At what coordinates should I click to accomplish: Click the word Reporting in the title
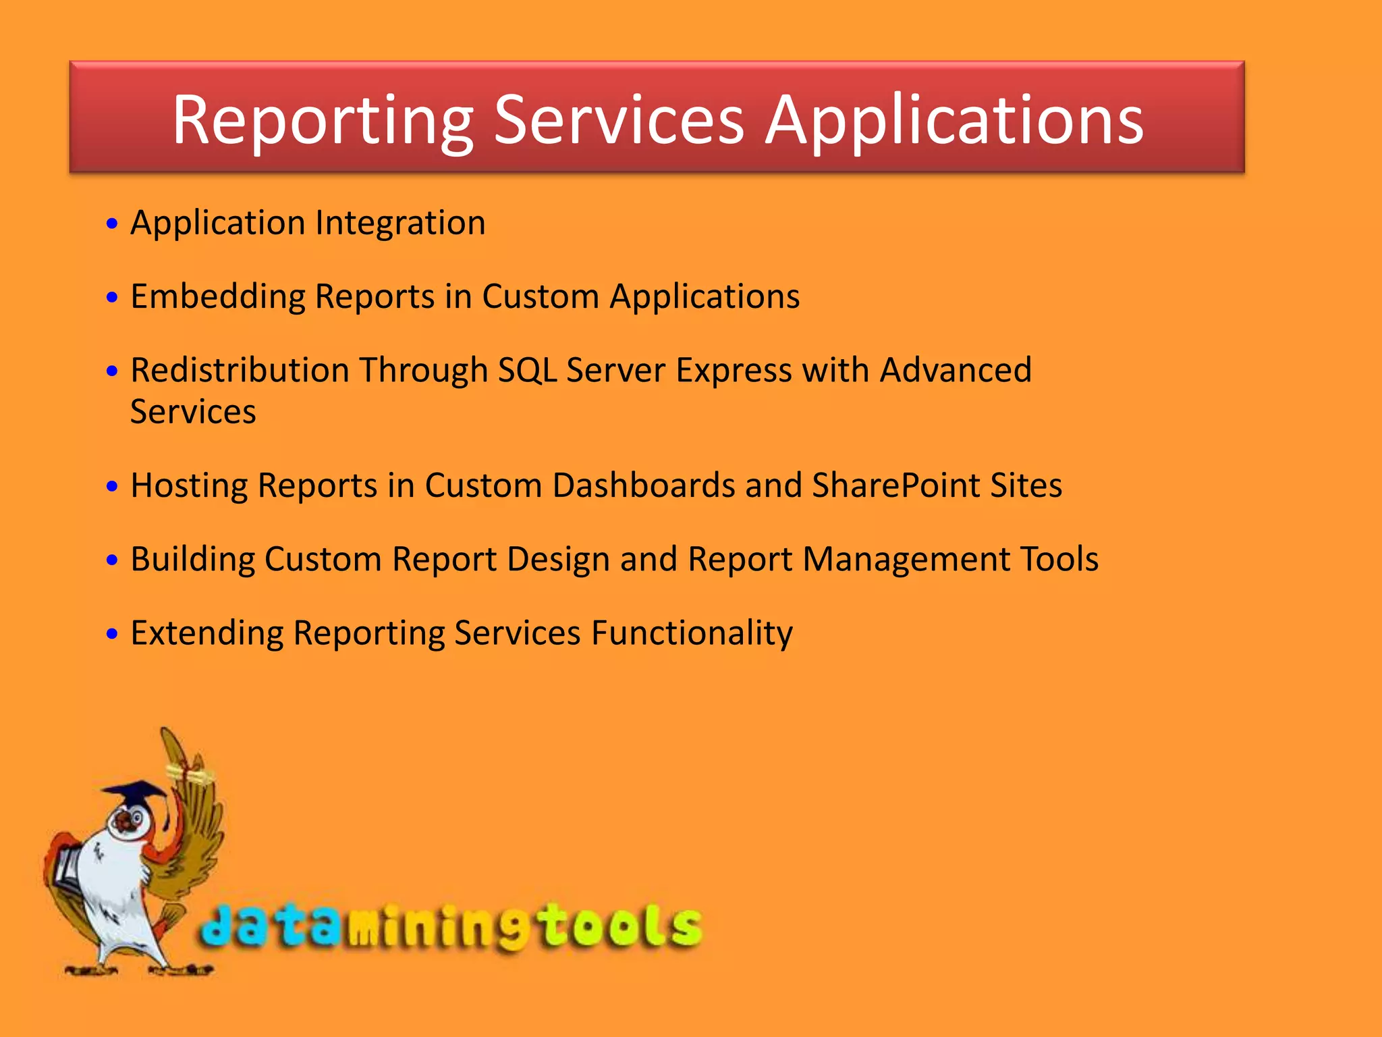[x=323, y=122]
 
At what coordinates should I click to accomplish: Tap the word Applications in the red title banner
[x=954, y=122]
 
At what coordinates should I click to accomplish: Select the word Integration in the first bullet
[x=400, y=223]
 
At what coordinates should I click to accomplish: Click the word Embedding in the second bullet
[x=217, y=297]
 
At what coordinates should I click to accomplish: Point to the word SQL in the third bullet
[x=527, y=371]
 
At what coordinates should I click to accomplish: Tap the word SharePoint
[x=895, y=485]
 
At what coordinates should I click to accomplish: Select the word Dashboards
[x=643, y=485]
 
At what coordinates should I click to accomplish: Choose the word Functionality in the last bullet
[x=692, y=633]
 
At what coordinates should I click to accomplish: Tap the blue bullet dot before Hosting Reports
[x=112, y=486]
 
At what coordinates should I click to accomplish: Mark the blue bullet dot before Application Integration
[x=112, y=223]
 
